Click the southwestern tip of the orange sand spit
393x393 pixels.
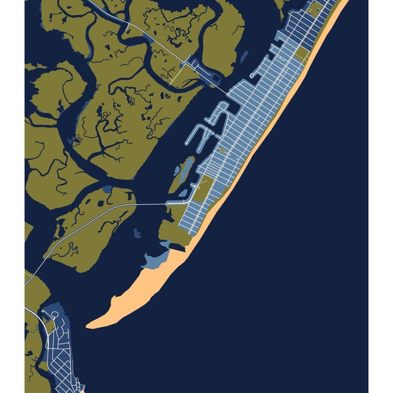90,324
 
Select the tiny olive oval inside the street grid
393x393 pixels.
221,151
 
